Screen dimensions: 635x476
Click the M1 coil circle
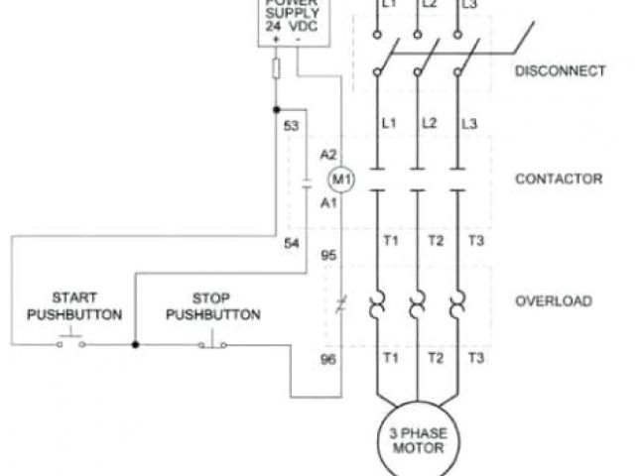tap(341, 179)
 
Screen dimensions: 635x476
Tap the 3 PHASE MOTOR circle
tap(418, 439)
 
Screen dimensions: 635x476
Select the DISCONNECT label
tap(559, 70)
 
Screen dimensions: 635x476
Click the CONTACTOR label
tap(559, 179)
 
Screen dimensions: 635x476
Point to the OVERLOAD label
tap(554, 300)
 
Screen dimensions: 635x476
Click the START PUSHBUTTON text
tap(74, 305)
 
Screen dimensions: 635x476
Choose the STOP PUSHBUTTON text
tap(212, 305)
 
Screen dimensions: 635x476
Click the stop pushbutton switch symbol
tap(212, 343)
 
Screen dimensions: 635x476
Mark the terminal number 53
tap(292, 126)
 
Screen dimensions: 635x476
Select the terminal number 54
tap(292, 244)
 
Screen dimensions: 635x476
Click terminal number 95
tap(329, 255)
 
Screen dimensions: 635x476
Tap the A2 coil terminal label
tap(329, 156)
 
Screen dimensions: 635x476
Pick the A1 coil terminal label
tap(329, 202)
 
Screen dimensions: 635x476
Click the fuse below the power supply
tap(276, 68)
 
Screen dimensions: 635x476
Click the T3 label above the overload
tap(476, 242)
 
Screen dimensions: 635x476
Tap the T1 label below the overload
tap(391, 357)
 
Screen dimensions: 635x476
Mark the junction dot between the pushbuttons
tap(135, 344)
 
